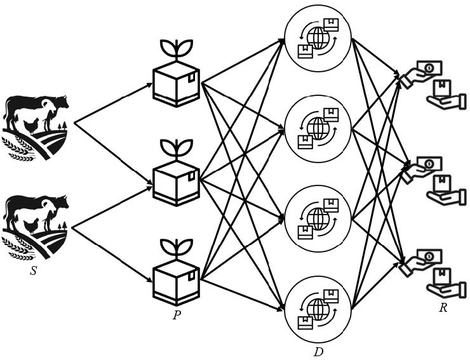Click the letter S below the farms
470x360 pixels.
pos(33,271)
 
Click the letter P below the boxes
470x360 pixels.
pos(176,314)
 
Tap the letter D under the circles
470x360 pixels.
pos(318,350)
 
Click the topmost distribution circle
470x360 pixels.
pos(318,37)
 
